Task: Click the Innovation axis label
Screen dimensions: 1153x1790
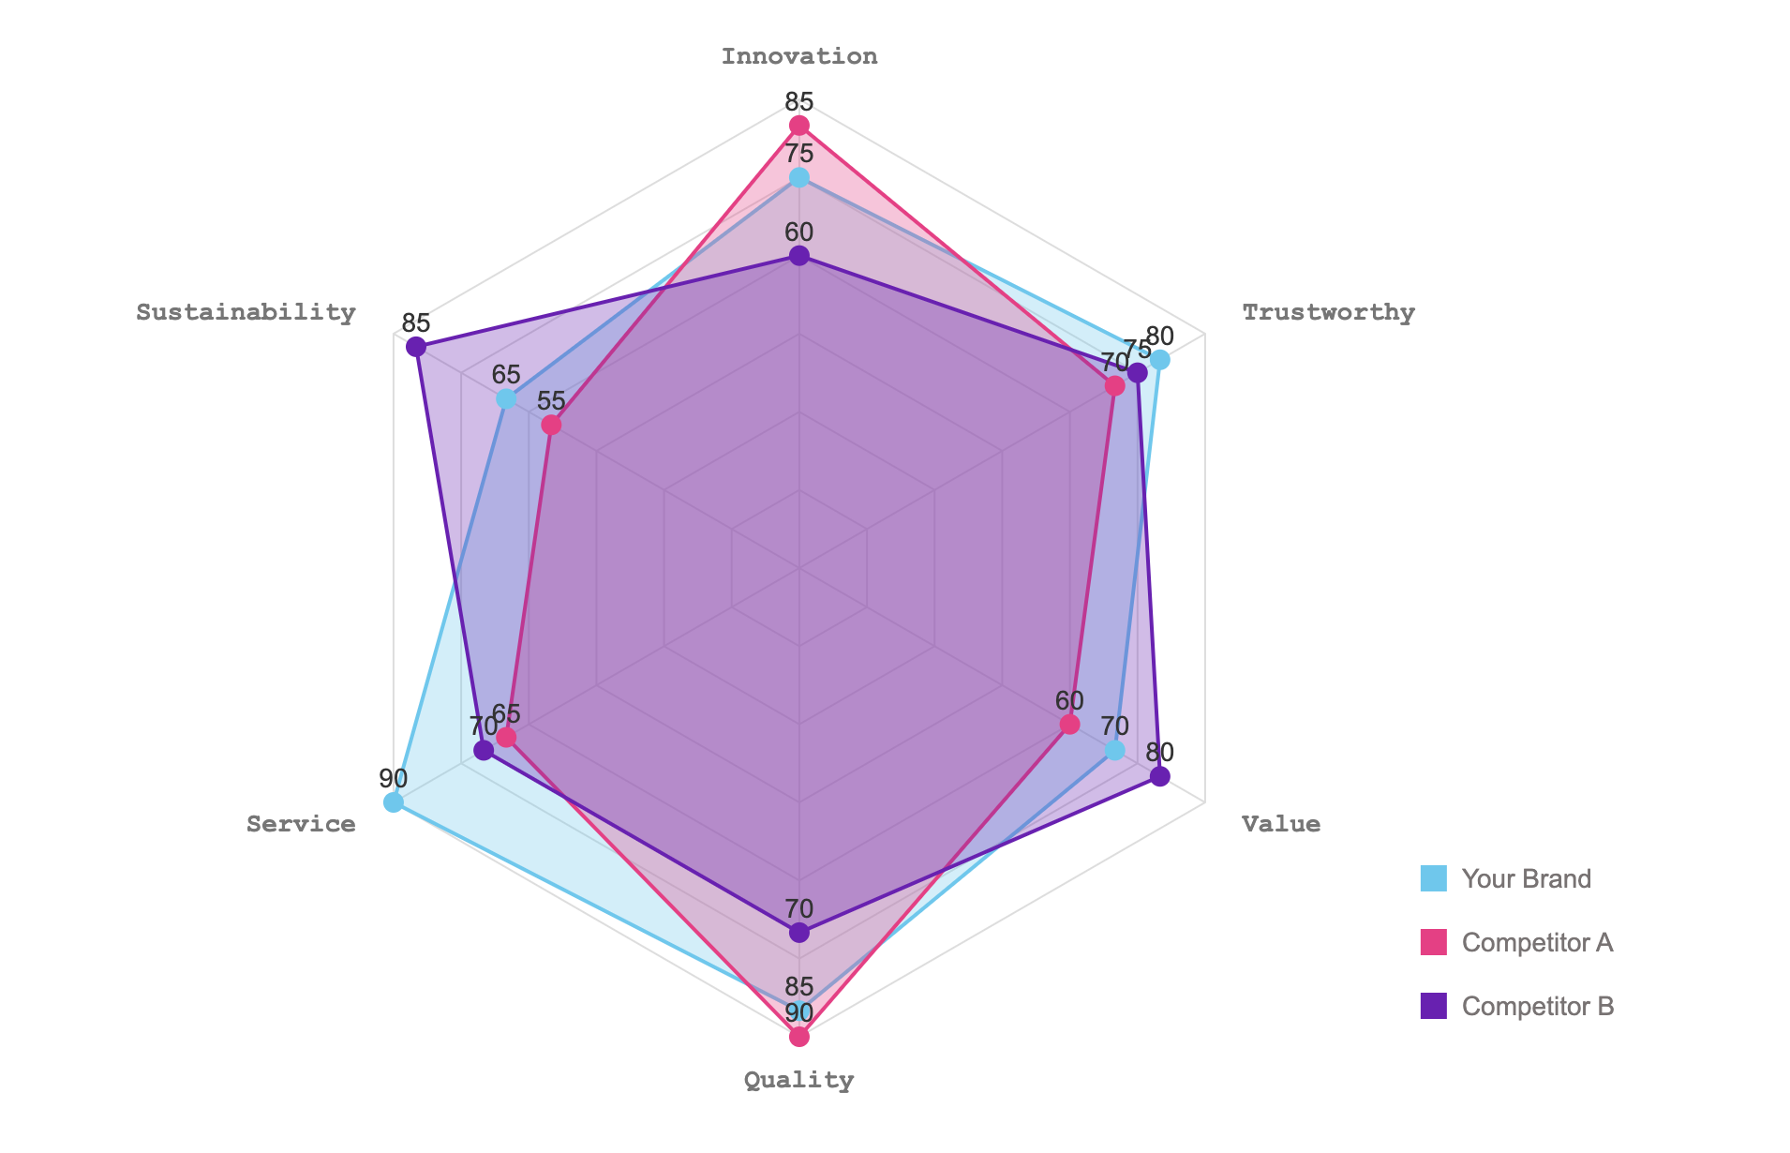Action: [x=798, y=56]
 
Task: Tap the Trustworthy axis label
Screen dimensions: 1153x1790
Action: [x=1328, y=312]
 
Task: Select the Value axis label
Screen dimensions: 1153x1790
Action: [x=1281, y=824]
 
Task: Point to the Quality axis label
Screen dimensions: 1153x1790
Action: [x=798, y=1080]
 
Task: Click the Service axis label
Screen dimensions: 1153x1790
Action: [x=301, y=824]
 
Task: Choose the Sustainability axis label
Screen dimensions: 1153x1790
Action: [x=246, y=312]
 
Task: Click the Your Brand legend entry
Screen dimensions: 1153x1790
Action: [x=1526, y=879]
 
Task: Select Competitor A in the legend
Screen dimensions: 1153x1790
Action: [x=1537, y=942]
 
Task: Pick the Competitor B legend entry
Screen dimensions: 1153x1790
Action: [x=1537, y=1006]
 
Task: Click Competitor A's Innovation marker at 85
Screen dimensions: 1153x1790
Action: [x=798, y=126]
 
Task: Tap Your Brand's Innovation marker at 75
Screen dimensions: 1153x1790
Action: [x=798, y=177]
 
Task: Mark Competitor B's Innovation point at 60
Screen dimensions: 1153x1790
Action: [x=798, y=256]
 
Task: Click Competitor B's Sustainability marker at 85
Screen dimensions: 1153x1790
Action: [x=416, y=348]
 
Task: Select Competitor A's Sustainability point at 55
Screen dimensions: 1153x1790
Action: [x=551, y=426]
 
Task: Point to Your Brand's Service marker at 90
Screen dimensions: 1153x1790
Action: [x=394, y=802]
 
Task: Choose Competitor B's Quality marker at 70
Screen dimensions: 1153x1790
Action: [x=798, y=932]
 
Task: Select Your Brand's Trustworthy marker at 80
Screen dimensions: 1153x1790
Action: [x=1159, y=360]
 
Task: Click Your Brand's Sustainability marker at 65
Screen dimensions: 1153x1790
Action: [x=506, y=399]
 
